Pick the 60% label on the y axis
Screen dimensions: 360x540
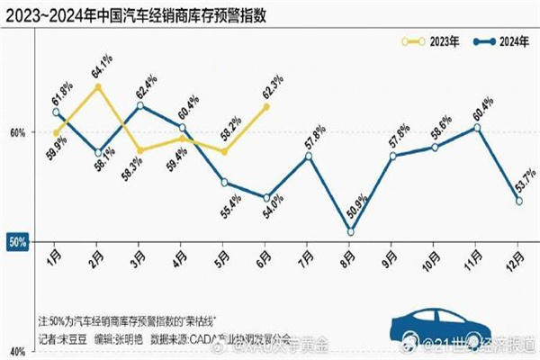coord(17,132)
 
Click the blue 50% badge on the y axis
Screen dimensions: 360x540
coord(17,242)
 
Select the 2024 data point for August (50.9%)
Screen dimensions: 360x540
coord(351,232)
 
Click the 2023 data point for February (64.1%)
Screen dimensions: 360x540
coord(98,87)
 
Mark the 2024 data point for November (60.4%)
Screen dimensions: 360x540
coord(477,128)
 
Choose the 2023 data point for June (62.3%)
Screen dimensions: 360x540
coord(266,107)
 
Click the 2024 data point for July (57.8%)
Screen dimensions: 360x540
coord(309,157)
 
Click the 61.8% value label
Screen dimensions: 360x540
coord(62,94)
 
